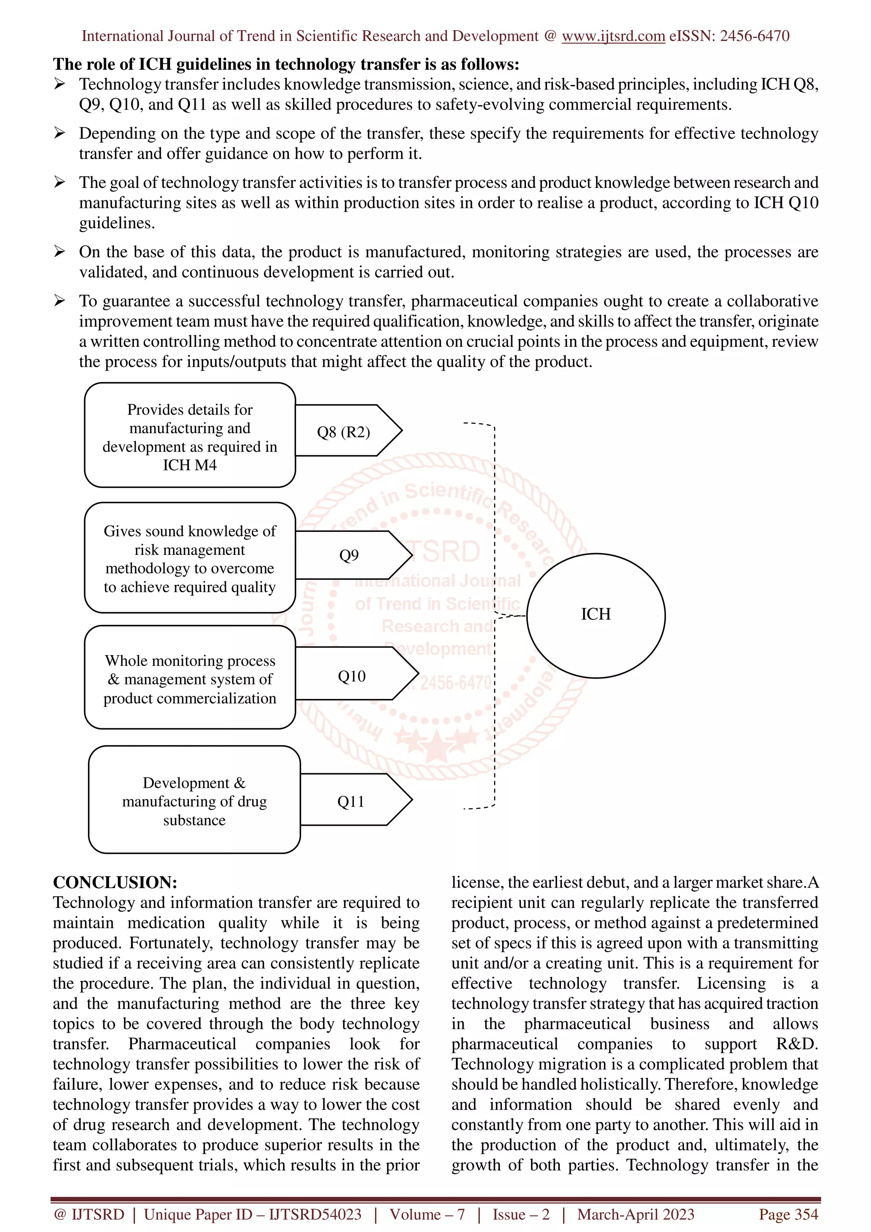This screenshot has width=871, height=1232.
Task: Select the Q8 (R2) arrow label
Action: click(x=344, y=432)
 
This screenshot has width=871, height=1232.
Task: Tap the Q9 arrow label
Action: click(x=349, y=555)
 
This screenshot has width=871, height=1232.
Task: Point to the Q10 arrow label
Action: click(x=352, y=676)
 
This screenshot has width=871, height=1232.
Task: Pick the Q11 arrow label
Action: click(x=350, y=802)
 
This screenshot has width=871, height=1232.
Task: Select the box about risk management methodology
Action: click(x=190, y=559)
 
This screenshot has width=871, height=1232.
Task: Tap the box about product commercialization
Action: click(x=190, y=679)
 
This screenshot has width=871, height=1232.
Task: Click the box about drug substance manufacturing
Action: click(x=194, y=801)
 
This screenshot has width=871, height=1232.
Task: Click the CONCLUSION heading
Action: click(x=115, y=883)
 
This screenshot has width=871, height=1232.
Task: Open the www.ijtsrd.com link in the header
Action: click(x=613, y=36)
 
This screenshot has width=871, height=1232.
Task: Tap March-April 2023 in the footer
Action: click(x=635, y=1214)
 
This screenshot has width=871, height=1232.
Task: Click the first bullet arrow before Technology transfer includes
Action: click(x=60, y=84)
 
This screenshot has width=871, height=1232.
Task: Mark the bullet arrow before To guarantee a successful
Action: click(x=60, y=301)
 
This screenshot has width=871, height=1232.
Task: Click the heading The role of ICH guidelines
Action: click(x=286, y=64)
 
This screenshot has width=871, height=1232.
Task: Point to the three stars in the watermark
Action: click(x=436, y=741)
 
